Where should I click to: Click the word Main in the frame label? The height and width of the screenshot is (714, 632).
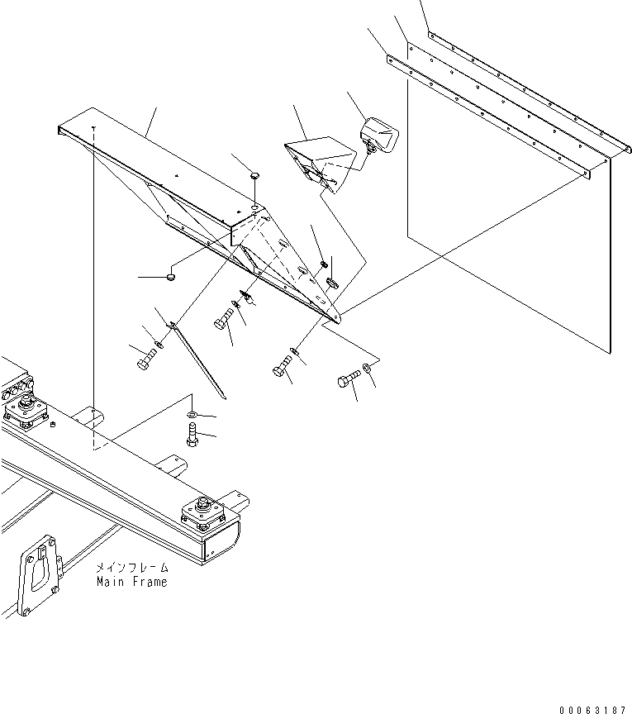click(x=111, y=582)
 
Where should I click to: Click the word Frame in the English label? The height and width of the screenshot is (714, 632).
click(x=150, y=582)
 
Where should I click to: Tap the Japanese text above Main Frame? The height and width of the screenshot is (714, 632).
click(x=131, y=568)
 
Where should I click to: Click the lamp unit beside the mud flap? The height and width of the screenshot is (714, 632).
click(x=379, y=134)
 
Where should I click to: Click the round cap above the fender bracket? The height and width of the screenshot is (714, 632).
click(x=255, y=175)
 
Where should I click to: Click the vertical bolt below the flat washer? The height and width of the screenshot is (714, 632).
click(x=192, y=436)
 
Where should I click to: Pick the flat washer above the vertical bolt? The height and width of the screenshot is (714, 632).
click(x=192, y=413)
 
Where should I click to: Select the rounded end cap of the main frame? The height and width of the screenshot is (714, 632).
click(x=222, y=545)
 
